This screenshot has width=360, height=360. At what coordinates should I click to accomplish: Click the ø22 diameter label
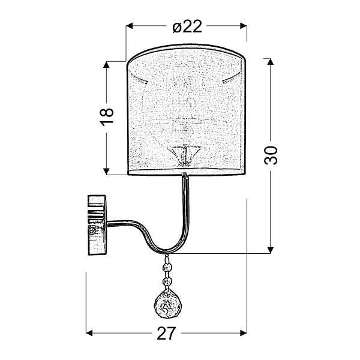186,26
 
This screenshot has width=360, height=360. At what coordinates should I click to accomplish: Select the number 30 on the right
272,155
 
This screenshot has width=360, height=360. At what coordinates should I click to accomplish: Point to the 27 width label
168,333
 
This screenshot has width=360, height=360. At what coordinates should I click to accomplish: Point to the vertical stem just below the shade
185,192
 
